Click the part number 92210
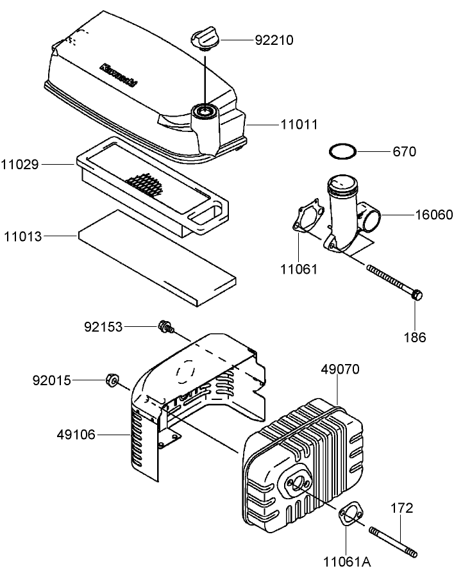274,40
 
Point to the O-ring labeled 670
342,152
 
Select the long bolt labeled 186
393,282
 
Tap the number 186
414,336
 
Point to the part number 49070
340,369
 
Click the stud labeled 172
393,541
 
